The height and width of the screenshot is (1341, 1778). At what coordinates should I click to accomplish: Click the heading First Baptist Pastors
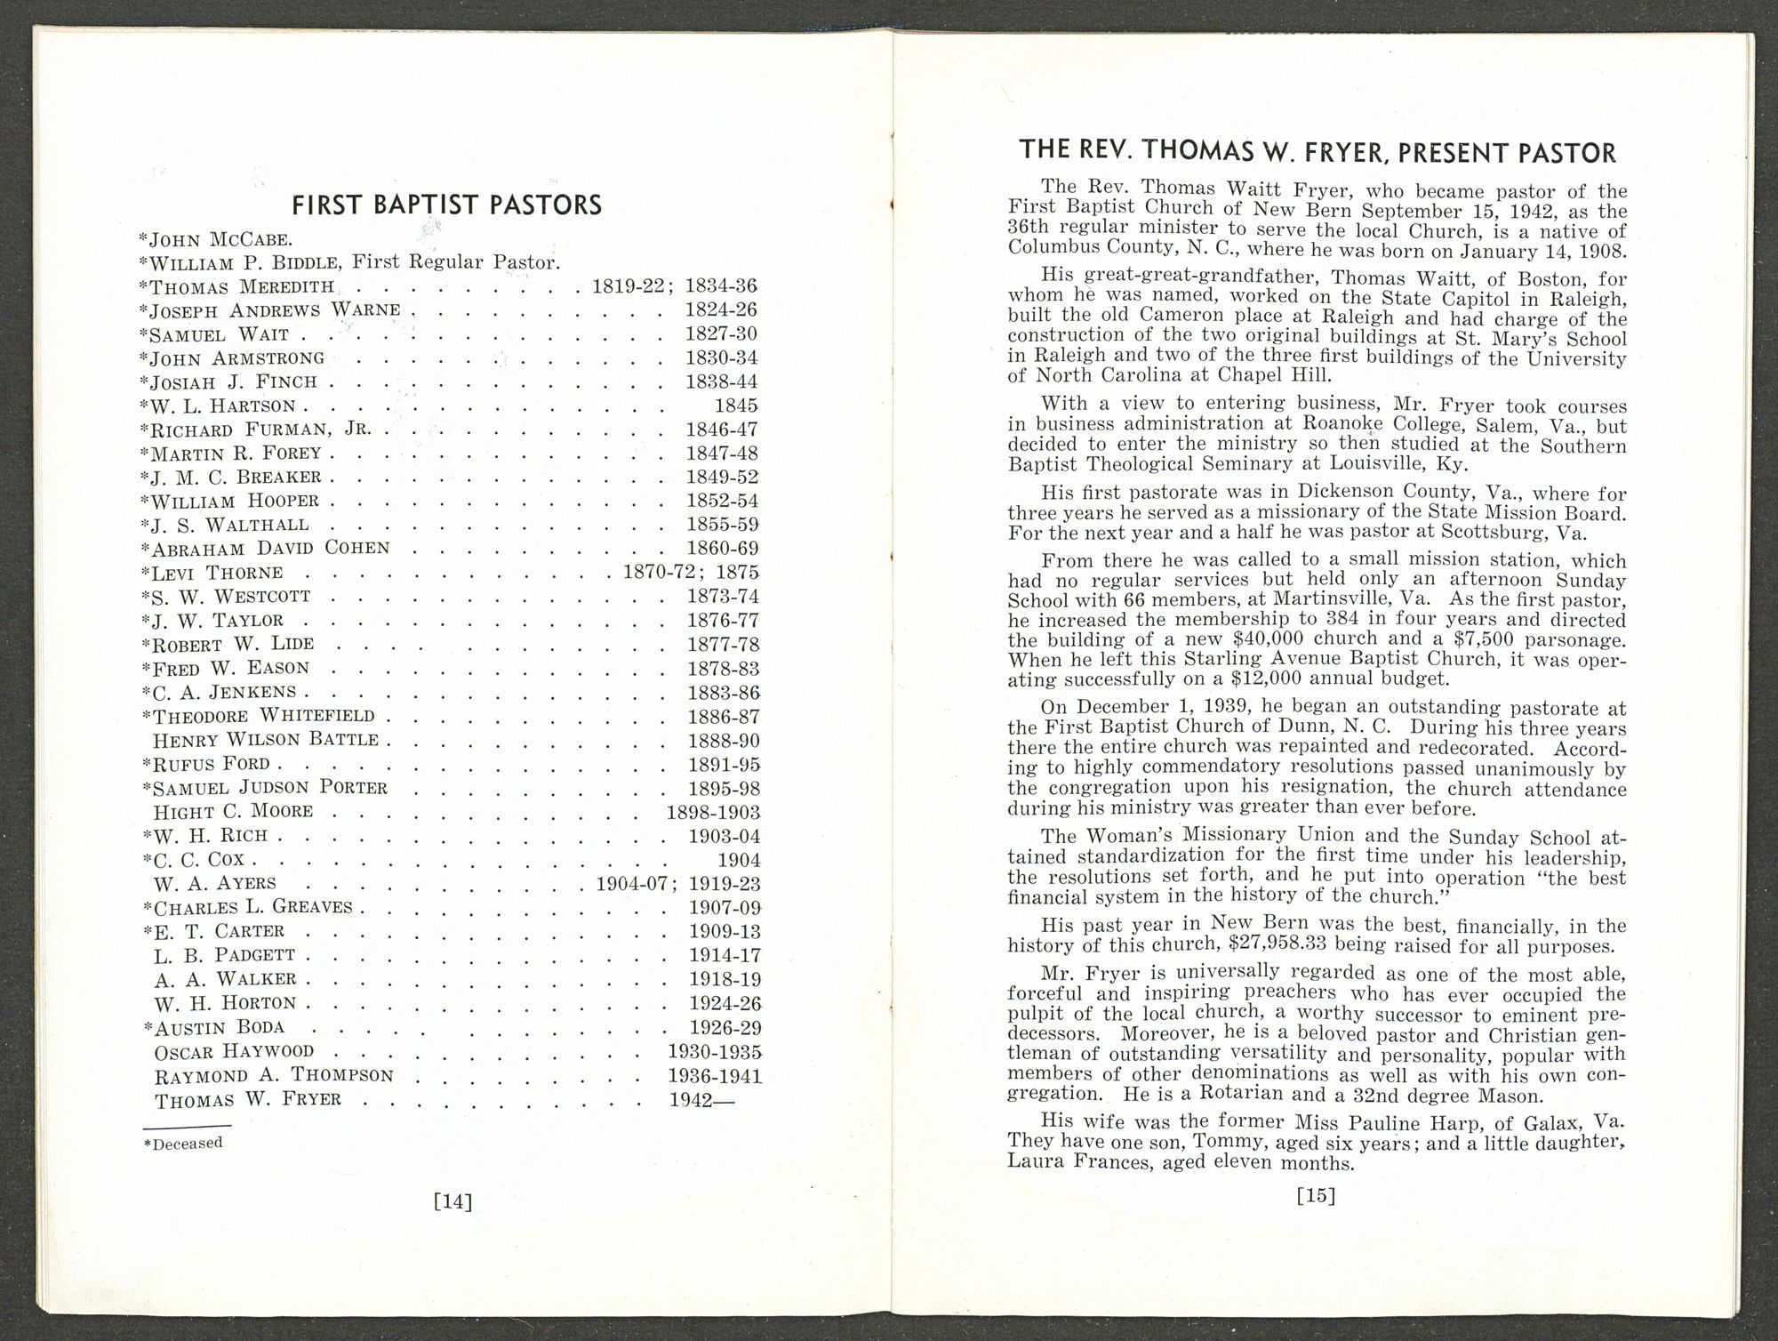pyautogui.click(x=447, y=205)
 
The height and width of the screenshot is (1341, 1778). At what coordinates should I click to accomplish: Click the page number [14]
pyautogui.click(x=452, y=1201)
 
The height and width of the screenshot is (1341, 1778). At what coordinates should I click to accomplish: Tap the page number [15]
pyautogui.click(x=1317, y=1195)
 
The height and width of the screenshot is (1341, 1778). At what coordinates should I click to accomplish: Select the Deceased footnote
pyautogui.click(x=183, y=1144)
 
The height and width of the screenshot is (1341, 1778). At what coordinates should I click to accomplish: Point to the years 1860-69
pyautogui.click(x=723, y=548)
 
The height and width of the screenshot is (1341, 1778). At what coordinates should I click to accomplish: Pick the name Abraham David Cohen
pyautogui.click(x=270, y=548)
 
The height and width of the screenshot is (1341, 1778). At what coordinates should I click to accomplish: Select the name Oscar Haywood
pyautogui.click(x=234, y=1052)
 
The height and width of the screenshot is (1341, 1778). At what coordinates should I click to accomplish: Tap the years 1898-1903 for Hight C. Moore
pyautogui.click(x=713, y=812)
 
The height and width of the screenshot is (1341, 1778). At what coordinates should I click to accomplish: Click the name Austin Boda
pyautogui.click(x=219, y=1028)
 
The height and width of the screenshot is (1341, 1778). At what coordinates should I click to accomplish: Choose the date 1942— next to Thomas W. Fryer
pyautogui.click(x=702, y=1100)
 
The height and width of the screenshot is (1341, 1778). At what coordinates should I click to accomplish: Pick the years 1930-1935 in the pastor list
pyautogui.click(x=714, y=1052)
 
